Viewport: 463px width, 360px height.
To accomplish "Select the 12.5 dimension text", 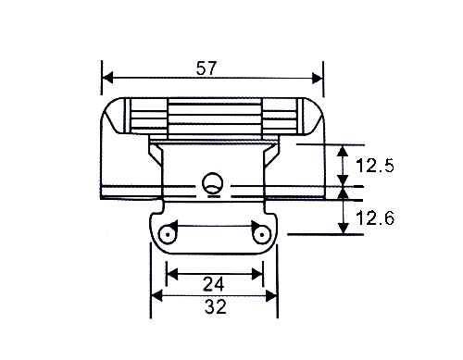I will coord(375,167).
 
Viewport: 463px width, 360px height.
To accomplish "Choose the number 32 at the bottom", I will coord(214,308).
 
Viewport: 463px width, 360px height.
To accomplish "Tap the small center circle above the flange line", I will coord(213,181).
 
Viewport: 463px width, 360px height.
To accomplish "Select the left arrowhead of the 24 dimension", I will coord(170,273).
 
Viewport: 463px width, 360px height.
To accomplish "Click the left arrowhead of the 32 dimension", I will coord(156,296).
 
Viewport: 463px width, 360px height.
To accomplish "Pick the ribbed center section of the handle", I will coord(213,115).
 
